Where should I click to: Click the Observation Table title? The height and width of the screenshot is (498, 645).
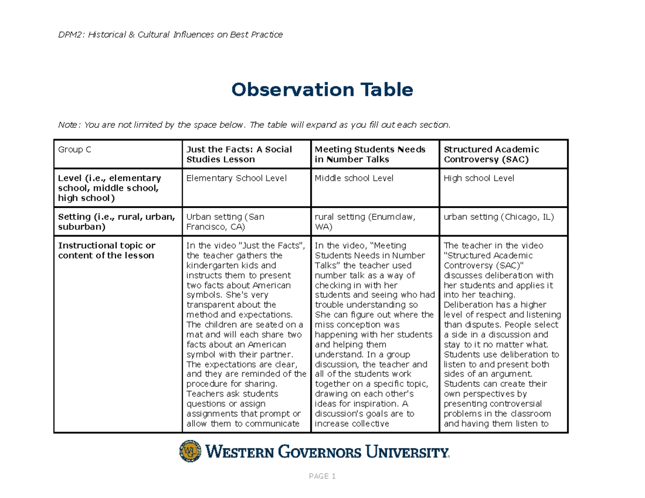coord(322,90)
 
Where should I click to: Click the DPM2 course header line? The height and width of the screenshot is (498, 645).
coord(170,35)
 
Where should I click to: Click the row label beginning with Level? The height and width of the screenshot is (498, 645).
coord(109,188)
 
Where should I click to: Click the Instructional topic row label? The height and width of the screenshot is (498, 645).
coord(106,250)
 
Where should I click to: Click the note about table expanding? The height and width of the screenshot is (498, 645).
coord(253,125)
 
